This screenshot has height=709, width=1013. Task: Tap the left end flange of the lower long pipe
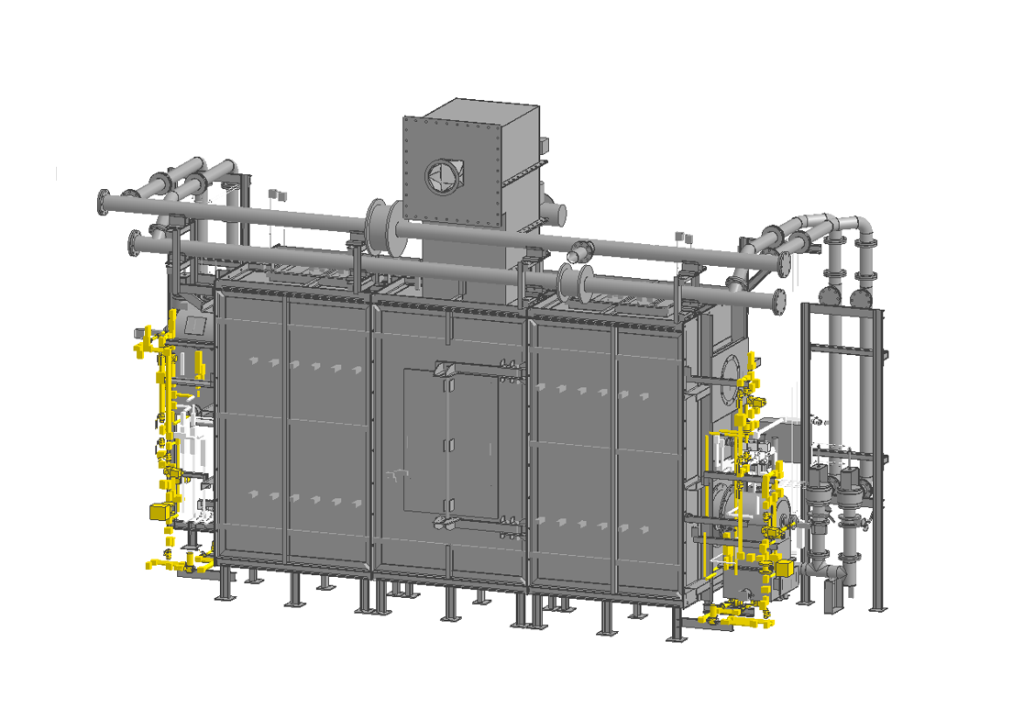[x=135, y=245]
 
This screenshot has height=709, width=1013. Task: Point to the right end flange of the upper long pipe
[x=782, y=262]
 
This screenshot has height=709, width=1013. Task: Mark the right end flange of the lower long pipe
[x=778, y=300]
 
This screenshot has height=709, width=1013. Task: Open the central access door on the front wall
[x=451, y=442]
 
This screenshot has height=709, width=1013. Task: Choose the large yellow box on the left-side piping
[x=160, y=511]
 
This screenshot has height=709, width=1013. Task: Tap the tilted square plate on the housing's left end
[x=195, y=324]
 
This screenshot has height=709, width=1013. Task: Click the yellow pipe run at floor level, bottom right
[x=738, y=621]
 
